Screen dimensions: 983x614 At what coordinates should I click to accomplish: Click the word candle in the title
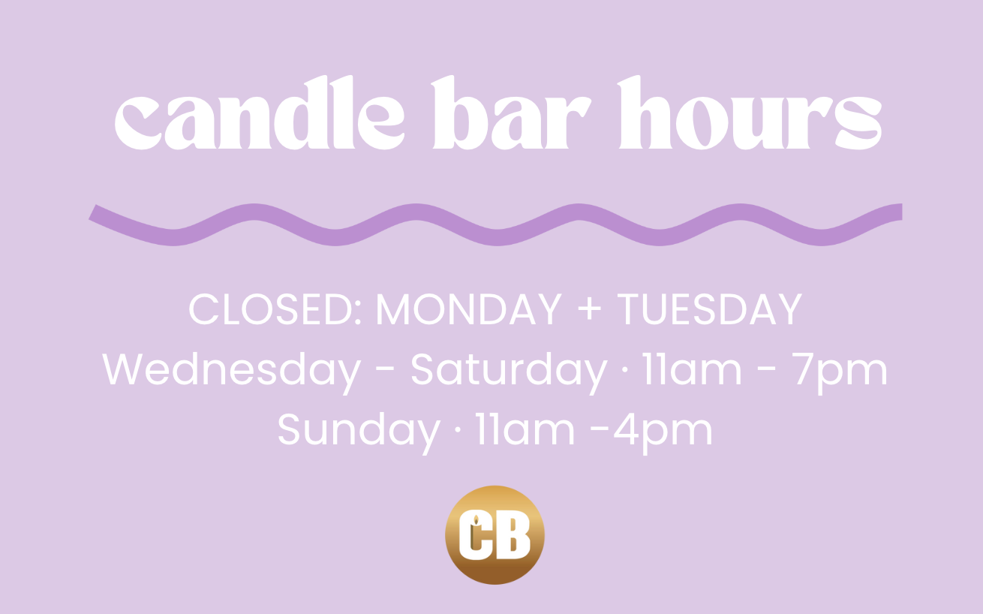coord(260,113)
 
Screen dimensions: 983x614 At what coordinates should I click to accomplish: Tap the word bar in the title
coord(511,113)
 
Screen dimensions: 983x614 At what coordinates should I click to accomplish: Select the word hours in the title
coord(749,113)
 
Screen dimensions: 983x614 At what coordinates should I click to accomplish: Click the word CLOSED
coord(275,309)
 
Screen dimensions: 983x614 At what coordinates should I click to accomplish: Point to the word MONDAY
coord(468,309)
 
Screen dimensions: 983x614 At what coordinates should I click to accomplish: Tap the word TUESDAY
coord(710,309)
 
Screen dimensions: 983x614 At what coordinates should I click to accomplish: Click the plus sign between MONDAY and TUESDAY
coord(589,309)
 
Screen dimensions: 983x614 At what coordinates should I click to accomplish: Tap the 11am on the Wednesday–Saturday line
coord(692,369)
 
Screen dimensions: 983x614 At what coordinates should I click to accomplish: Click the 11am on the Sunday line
coord(525,429)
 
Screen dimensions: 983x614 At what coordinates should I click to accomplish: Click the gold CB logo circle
coord(495,535)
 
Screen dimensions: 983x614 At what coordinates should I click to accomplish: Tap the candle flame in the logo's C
coord(476,520)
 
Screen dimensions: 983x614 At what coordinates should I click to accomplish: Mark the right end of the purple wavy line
coord(901,212)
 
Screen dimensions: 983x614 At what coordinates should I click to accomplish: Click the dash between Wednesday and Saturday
coord(386,372)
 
